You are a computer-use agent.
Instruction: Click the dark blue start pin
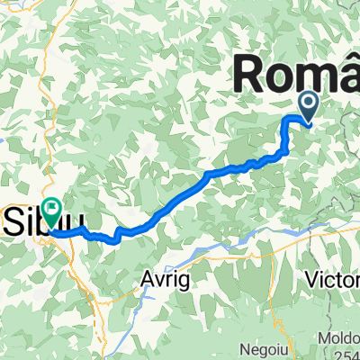[x=308, y=107]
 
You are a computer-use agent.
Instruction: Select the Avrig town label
[x=164, y=280]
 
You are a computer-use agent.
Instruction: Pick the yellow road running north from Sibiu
[x=54, y=135]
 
